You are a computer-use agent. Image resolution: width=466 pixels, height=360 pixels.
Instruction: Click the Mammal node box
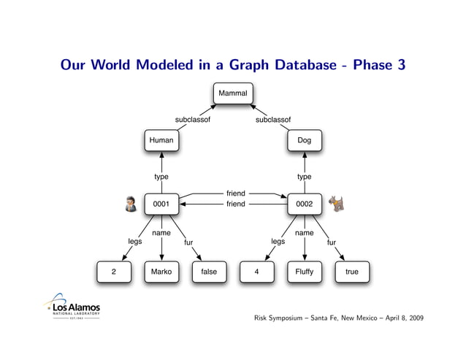233,93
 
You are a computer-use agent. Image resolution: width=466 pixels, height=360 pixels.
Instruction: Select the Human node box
161,139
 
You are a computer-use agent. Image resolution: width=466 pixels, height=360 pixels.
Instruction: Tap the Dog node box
304,139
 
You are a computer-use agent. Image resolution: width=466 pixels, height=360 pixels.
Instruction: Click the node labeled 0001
161,204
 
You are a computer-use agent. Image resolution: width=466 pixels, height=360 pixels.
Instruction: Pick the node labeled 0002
304,204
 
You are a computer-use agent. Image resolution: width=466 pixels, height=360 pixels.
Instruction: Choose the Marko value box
161,272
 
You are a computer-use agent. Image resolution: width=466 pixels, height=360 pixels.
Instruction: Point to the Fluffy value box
304,272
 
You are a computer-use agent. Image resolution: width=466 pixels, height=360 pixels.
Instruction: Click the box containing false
209,272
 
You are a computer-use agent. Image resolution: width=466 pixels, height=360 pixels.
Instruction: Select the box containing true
351,272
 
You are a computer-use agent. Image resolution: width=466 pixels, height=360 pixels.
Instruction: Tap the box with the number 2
114,272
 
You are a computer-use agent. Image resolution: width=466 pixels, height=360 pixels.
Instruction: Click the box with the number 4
256,272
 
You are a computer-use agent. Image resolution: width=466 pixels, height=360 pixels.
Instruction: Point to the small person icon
131,204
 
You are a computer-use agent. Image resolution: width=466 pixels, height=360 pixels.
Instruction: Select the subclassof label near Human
193,120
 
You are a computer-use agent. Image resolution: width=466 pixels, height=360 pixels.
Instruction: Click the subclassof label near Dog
273,120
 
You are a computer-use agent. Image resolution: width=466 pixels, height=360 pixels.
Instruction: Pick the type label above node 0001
161,177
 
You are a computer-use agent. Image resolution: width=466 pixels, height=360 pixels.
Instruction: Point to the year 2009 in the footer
413,319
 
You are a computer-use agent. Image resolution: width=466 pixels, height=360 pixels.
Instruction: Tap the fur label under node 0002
331,242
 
